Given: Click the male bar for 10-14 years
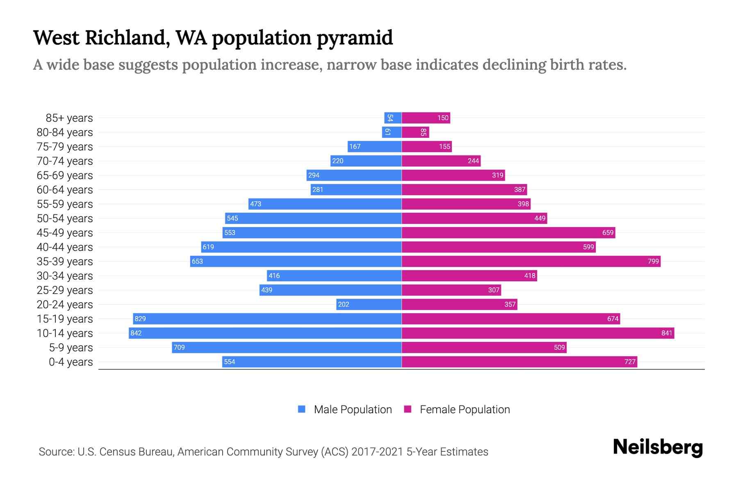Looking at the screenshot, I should pos(265,333).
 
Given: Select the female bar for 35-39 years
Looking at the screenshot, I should pos(531,261).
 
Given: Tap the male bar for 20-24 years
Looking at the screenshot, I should pos(369,304).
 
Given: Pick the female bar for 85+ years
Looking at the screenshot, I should pos(426,118).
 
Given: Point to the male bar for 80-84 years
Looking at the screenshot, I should pos(392,132).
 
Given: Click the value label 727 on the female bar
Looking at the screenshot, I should pos(630,362).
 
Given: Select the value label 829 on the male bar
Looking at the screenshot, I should pos(140,319).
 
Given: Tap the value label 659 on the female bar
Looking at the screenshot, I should pos(608,232).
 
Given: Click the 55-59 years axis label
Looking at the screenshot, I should pos(65,204).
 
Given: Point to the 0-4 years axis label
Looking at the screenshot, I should pos(71,362).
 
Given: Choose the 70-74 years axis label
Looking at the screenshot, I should pos(65,161).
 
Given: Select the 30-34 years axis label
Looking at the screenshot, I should pos(65,276).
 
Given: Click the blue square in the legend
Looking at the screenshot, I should pos(302,409).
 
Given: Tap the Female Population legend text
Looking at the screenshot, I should pos(465,410).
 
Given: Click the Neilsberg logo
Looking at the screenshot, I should pos(658,447).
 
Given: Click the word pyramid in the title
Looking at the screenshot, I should pos(355,38).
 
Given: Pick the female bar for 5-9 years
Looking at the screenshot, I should pos(484,347).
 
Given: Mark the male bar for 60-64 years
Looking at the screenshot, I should pos(356,189).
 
